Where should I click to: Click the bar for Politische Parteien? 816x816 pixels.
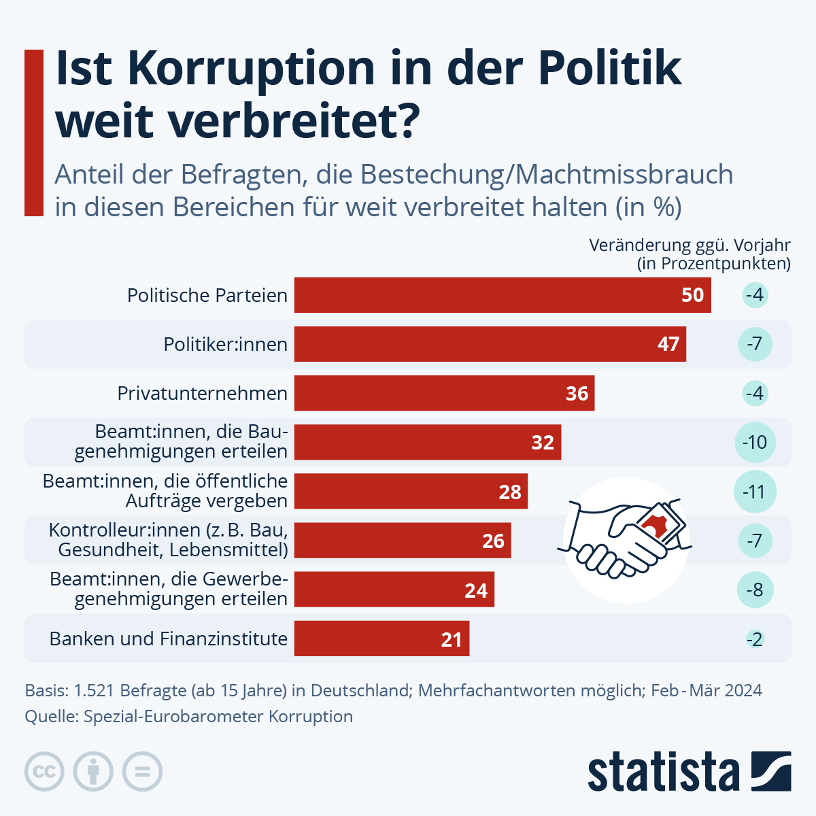503,295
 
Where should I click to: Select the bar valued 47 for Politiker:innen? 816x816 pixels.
490,344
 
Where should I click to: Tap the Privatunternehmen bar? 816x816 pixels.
444,393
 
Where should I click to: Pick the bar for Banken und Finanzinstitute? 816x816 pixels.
381,639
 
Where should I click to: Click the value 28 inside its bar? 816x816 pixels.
510,492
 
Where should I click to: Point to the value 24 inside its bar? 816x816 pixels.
476,590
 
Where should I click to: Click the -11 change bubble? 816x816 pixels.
755,492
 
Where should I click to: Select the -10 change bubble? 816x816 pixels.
755,443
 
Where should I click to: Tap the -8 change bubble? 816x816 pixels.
755,590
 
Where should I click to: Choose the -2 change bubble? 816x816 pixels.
755,639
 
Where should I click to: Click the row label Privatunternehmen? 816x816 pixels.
203,393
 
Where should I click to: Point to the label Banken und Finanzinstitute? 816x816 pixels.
169,639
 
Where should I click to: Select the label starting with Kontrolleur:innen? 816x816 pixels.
169,540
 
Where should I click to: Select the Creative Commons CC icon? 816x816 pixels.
44,772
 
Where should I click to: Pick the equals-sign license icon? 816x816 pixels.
143,772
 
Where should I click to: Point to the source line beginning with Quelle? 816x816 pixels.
189,716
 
